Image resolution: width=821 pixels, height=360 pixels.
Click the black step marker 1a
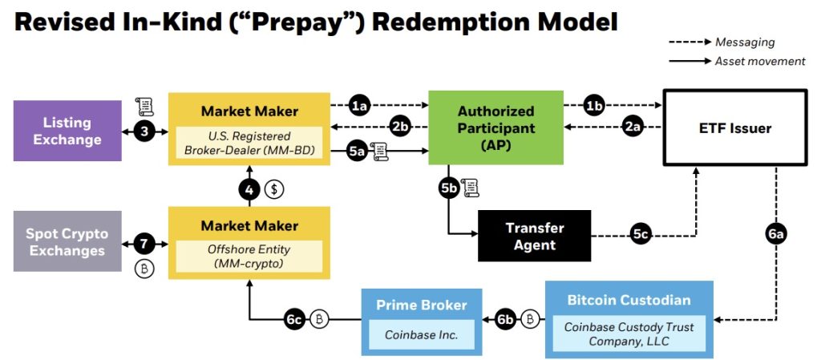pyautogui.click(x=360, y=105)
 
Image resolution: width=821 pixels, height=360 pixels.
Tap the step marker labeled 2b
pyautogui.click(x=400, y=126)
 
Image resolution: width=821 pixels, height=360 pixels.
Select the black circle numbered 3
pyautogui.click(x=144, y=131)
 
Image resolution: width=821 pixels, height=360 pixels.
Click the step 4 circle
pyautogui.click(x=249, y=189)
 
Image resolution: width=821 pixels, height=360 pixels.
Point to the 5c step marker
pyautogui.click(x=640, y=235)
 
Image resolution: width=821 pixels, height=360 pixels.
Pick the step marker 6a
pyautogui.click(x=775, y=234)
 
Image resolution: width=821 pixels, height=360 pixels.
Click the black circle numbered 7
pyautogui.click(x=144, y=243)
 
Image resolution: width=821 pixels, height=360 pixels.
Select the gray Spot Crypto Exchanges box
pyautogui.click(x=67, y=241)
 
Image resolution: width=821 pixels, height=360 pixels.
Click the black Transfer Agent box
pyautogui.click(x=534, y=236)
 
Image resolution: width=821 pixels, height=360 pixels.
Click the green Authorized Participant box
pyautogui.click(x=495, y=127)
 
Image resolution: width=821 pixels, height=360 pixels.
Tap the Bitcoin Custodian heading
pyautogui.click(x=629, y=301)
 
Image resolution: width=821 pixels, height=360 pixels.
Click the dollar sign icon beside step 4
pyautogui.click(x=274, y=190)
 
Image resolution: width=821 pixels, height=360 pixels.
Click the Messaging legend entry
pyautogui.click(x=745, y=42)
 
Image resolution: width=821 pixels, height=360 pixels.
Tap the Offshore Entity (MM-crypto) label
pyautogui.click(x=249, y=257)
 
